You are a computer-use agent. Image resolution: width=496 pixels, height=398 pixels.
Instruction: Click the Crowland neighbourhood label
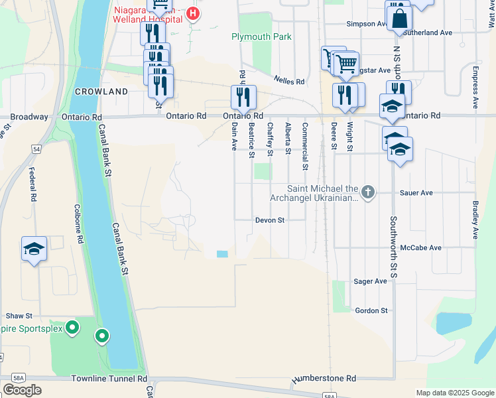(x=101, y=91)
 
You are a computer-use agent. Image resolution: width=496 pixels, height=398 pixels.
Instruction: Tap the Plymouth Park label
(x=261, y=37)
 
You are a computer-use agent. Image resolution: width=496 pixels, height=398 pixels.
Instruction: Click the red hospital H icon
(x=193, y=13)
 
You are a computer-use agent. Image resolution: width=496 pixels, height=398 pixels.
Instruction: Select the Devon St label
(x=271, y=220)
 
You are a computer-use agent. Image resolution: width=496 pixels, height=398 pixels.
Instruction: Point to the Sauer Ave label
(x=416, y=193)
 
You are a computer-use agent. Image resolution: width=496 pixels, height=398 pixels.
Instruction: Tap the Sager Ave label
(x=371, y=281)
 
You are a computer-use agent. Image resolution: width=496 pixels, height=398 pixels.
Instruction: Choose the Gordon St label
(x=371, y=310)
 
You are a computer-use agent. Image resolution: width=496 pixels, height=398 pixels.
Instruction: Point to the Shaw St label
(x=19, y=316)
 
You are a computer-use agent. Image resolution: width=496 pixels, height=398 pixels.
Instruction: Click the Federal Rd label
(x=32, y=184)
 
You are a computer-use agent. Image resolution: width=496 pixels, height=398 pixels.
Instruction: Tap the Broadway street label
(x=29, y=117)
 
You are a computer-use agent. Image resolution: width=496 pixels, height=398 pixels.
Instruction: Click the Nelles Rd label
(x=290, y=82)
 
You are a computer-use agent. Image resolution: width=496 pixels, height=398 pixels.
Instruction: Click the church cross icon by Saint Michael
(x=369, y=193)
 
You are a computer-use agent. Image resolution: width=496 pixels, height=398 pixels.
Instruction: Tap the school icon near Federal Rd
(x=34, y=249)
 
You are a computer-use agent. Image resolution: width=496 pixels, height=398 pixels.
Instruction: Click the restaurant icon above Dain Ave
(x=243, y=97)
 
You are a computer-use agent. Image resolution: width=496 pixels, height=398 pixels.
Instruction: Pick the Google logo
(x=22, y=390)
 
